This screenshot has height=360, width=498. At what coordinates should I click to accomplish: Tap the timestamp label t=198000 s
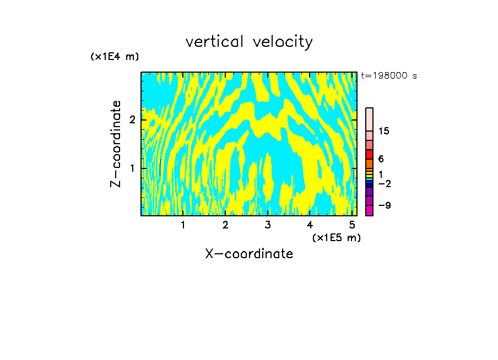click(x=388, y=76)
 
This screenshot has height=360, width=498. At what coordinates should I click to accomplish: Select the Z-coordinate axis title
click(x=116, y=144)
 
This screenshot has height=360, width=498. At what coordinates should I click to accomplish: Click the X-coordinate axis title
click(x=249, y=254)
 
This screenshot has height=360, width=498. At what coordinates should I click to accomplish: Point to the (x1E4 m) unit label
click(x=115, y=57)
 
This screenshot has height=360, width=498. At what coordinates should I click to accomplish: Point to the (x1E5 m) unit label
click(x=336, y=237)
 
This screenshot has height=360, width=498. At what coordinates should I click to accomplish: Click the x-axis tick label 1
click(x=183, y=225)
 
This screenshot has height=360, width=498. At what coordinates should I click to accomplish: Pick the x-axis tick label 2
click(x=225, y=225)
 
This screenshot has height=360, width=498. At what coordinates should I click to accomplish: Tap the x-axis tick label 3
click(x=268, y=225)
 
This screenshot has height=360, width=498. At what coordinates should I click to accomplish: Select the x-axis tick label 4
click(x=310, y=225)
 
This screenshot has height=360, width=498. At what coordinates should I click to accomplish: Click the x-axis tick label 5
click(x=353, y=225)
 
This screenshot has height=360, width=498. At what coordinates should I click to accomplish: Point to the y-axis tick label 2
click(x=132, y=120)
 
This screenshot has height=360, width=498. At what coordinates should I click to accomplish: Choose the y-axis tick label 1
click(x=132, y=168)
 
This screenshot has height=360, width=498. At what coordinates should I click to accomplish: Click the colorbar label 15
click(x=384, y=131)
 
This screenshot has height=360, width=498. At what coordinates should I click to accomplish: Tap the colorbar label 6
click(x=381, y=159)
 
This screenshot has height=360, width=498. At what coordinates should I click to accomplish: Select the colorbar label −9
click(x=385, y=205)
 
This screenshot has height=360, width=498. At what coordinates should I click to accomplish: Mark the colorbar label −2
click(x=385, y=183)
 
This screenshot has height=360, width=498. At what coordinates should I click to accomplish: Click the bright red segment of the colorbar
click(x=369, y=154)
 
